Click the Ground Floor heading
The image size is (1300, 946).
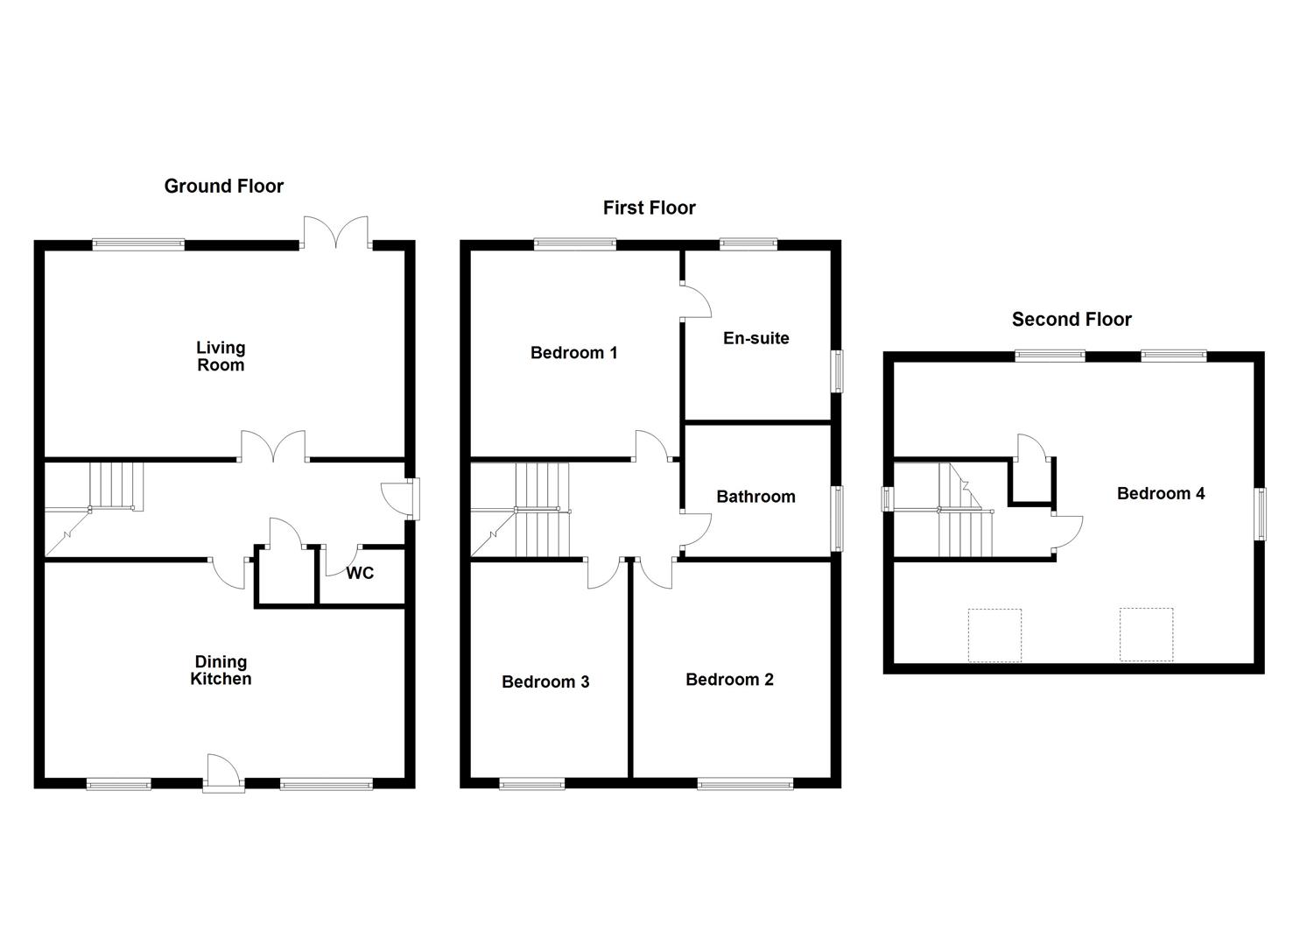[x=223, y=186]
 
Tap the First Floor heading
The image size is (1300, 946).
[x=649, y=208]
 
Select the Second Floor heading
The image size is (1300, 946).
[x=1072, y=320]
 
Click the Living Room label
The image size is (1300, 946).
[x=221, y=357]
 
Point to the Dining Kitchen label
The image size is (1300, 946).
[x=221, y=670]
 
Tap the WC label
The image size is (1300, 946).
[x=360, y=573]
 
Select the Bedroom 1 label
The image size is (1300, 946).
[x=573, y=353]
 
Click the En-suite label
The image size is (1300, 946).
[x=755, y=338]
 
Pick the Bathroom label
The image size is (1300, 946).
[x=755, y=497]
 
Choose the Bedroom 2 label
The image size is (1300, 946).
[x=729, y=680]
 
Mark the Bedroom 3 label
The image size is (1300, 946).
[x=545, y=681]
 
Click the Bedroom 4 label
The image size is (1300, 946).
[x=1160, y=494]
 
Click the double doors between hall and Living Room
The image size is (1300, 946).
[x=274, y=447]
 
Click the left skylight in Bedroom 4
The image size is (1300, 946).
[x=994, y=635]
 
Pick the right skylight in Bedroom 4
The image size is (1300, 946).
[x=1146, y=634]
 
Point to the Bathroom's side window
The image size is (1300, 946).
[x=837, y=519]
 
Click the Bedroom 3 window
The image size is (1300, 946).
[x=532, y=784]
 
